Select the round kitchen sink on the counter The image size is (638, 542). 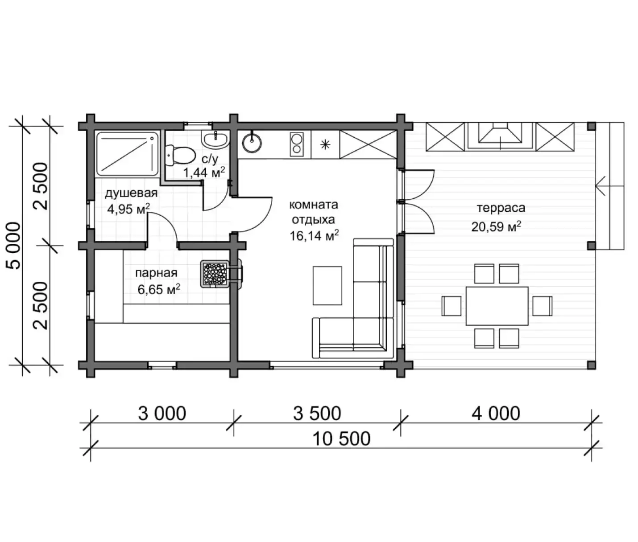(252, 143)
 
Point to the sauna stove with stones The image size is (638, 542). (215, 274)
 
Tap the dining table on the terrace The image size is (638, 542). (497, 306)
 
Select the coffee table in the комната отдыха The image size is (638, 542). (327, 286)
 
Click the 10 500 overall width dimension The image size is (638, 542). (341, 439)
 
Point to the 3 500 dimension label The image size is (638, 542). (317, 414)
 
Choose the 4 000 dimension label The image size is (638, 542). (496, 414)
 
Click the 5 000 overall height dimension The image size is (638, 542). (13, 246)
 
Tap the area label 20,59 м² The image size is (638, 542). (496, 226)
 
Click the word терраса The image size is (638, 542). (501, 208)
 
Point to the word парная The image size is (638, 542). (157, 273)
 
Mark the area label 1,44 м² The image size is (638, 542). (204, 172)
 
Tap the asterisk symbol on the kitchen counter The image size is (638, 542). (325, 144)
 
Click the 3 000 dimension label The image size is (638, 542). (162, 414)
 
